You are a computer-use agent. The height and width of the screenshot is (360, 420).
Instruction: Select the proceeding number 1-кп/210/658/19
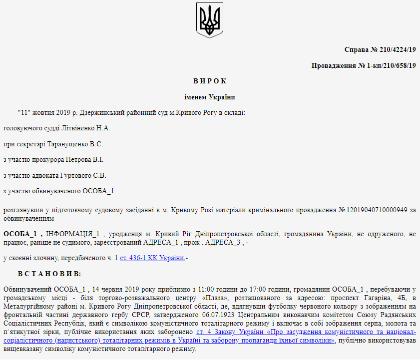click(x=384, y=65)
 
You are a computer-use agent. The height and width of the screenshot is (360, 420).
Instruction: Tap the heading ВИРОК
click(x=210, y=81)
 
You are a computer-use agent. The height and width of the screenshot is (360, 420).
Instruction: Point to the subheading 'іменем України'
click(x=210, y=97)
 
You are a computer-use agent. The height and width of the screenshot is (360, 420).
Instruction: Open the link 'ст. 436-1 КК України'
click(x=152, y=258)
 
